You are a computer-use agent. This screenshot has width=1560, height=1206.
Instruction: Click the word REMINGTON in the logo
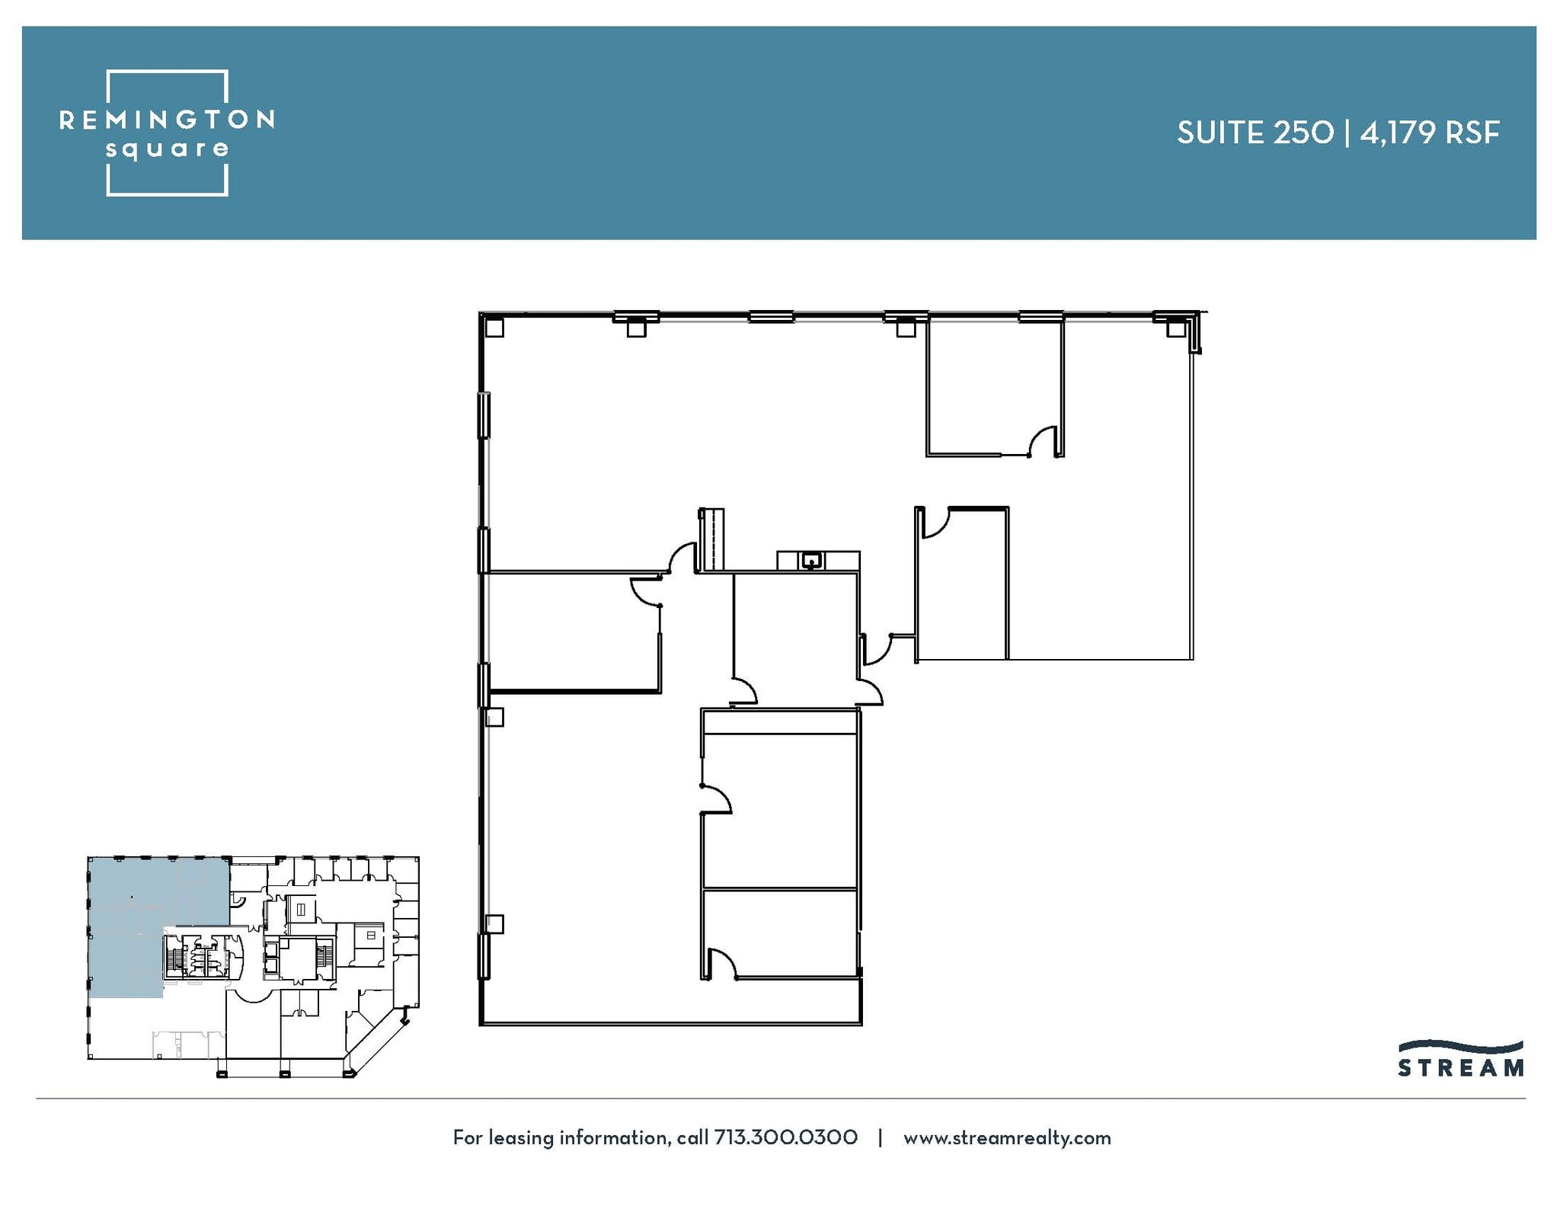click(x=167, y=120)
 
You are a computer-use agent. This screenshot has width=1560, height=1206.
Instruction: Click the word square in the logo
click(x=167, y=149)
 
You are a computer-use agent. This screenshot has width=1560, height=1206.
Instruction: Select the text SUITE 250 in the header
click(x=1255, y=133)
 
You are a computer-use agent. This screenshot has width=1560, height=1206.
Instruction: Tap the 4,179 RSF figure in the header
click(x=1430, y=133)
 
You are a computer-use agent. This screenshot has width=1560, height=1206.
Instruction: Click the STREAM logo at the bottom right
click(x=1460, y=1059)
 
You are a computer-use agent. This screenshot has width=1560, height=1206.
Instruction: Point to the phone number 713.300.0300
click(x=785, y=1137)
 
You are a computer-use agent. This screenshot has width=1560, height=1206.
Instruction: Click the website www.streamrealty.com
click(x=1006, y=1137)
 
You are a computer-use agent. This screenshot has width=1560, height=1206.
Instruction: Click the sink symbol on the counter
click(x=812, y=561)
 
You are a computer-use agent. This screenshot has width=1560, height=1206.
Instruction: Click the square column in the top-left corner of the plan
click(x=494, y=328)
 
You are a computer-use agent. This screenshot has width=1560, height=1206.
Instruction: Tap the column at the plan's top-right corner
click(x=1175, y=328)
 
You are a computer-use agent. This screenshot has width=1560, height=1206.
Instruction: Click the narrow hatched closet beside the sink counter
click(x=711, y=539)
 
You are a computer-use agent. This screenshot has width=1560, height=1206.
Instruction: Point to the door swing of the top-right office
click(x=1043, y=441)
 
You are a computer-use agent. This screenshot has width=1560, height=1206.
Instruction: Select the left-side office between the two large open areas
click(x=571, y=632)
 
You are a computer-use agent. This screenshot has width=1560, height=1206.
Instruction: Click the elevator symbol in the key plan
click(x=301, y=909)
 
